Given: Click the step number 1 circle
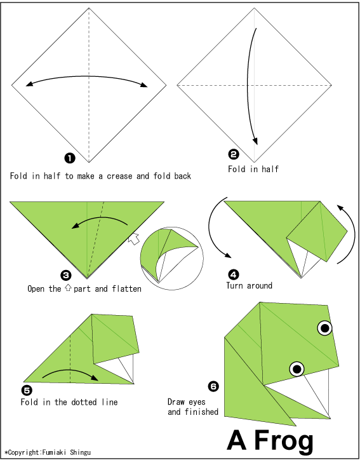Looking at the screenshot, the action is coord(70,158).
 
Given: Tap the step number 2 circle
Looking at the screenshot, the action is coord(234,154).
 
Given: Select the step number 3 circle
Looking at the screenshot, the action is coord(65,275).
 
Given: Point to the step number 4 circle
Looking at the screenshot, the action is coord(234,275).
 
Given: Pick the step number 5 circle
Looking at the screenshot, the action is coord(27,391).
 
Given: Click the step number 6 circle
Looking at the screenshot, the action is coord(213,387).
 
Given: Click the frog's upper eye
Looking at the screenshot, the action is coord(325,328).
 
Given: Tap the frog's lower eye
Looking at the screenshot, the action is coord(297,369).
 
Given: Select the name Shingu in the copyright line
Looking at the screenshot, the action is coord(81,452).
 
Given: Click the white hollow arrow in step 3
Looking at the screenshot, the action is coord(134,239).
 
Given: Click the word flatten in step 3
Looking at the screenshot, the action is coord(126,288).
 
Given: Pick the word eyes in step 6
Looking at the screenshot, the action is coord(196,402).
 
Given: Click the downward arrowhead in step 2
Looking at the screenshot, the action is coord(255,141).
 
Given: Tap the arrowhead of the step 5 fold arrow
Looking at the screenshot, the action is coord(95,378).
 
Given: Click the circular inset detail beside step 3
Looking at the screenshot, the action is coord(171,259).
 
